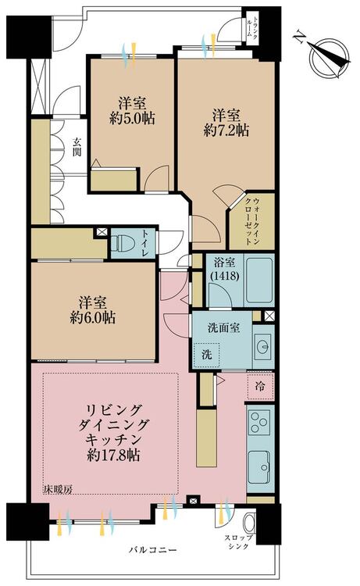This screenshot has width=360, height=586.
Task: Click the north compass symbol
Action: click(327, 57)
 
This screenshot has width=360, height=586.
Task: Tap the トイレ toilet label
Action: click(145, 243)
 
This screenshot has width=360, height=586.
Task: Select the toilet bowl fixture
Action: click(123, 243)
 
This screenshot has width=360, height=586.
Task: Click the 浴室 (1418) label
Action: click(224, 269)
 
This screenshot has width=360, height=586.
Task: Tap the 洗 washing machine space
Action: click(206, 355)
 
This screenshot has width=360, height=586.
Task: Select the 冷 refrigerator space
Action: click(260, 386)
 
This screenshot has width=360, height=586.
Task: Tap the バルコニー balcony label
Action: click(153, 550)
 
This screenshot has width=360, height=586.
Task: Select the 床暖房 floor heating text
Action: click(58, 490)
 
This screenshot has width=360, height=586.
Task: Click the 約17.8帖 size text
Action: click(113, 456)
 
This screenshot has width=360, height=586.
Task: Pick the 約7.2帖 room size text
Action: click(226, 130)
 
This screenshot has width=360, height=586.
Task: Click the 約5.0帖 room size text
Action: click(133, 119)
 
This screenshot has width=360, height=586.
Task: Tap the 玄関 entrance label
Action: click(77, 147)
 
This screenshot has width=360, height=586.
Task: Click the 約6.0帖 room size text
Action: click(93, 318)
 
